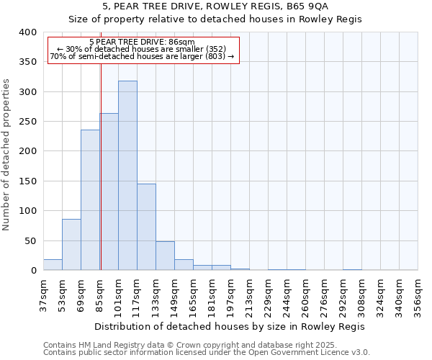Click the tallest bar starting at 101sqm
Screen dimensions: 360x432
pyautogui.click(x=127, y=176)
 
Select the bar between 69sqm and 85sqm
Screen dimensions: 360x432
pyautogui.click(x=90, y=200)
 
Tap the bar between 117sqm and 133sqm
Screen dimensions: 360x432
pyautogui.click(x=146, y=227)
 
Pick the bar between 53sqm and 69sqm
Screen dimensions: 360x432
pyautogui.click(x=71, y=245)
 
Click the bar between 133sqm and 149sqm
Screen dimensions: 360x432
pyautogui.click(x=165, y=256)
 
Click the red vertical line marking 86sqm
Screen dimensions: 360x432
pyautogui.click(x=101, y=166)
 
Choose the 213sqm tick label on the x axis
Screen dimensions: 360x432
pyautogui.click(x=249, y=294)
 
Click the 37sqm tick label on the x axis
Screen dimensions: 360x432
pyautogui.click(x=43, y=294)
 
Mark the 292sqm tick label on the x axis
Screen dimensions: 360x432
pyautogui.click(x=343, y=294)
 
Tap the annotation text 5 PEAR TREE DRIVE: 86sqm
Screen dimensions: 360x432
pyautogui.click(x=142, y=42)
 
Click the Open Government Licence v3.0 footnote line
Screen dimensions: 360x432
pyautogui.click(x=207, y=352)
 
